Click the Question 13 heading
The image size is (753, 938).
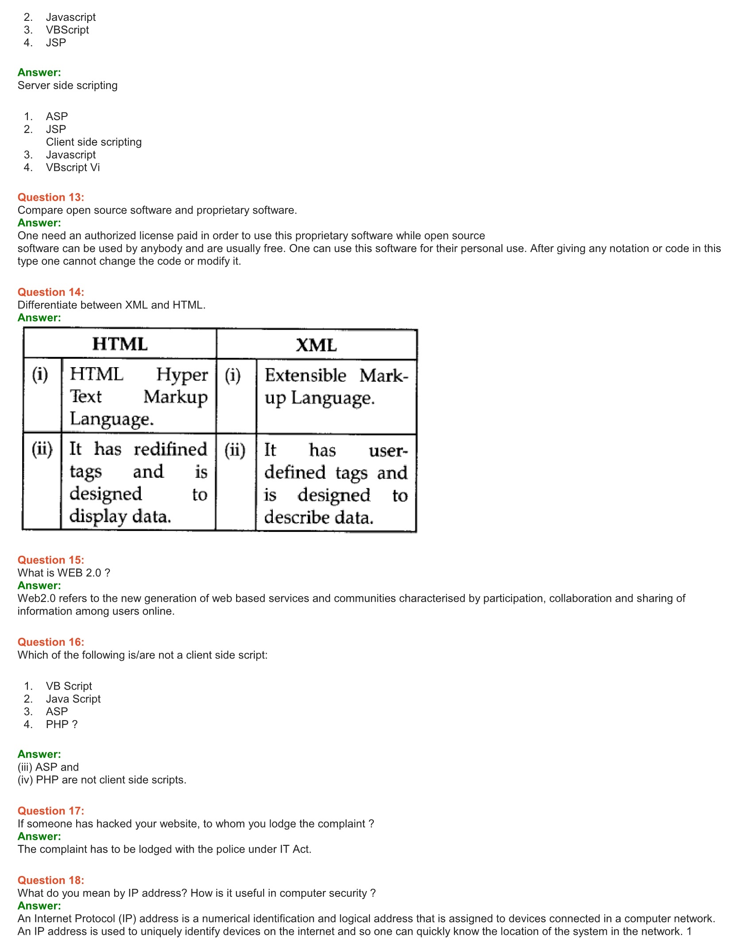[x=50, y=198]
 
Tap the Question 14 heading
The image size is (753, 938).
[x=50, y=292]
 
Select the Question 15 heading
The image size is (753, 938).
[x=50, y=560]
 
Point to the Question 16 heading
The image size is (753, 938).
[x=50, y=642]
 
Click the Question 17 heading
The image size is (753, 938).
[x=50, y=811]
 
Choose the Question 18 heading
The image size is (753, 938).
[x=50, y=880]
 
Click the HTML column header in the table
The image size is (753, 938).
[x=120, y=344]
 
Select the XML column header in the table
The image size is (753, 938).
[x=316, y=345]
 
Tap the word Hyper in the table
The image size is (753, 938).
[x=182, y=375]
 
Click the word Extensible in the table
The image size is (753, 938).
[x=305, y=376]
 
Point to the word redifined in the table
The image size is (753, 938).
[x=171, y=450]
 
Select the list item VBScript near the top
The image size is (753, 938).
[x=67, y=30]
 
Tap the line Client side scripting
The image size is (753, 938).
[x=93, y=142]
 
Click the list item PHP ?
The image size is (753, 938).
[x=62, y=724]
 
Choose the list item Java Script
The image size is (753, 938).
[x=73, y=699]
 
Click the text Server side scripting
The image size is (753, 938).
[x=67, y=85]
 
